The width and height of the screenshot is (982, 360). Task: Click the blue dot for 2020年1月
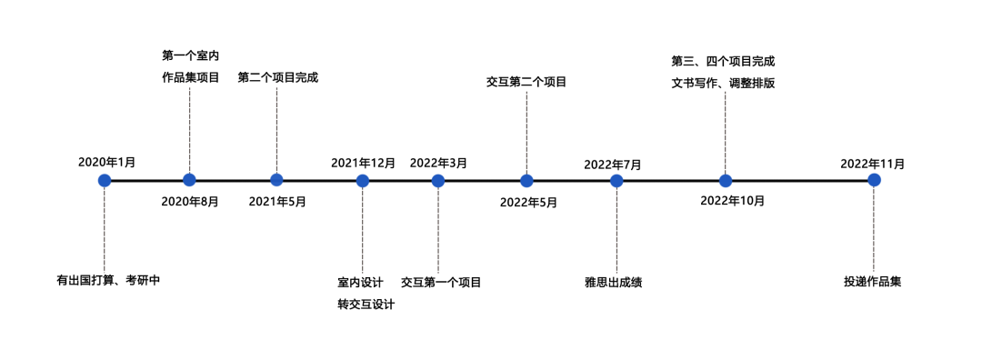(x=105, y=180)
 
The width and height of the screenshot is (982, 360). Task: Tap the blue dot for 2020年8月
(x=189, y=180)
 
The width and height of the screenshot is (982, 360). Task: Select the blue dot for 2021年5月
(x=276, y=180)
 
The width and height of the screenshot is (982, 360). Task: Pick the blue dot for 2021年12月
(x=363, y=180)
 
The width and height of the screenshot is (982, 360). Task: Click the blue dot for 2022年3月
(x=438, y=180)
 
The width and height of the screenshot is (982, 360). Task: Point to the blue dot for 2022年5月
(x=526, y=180)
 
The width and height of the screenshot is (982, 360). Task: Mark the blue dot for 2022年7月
(x=616, y=180)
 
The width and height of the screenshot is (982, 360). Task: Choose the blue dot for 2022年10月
(x=726, y=180)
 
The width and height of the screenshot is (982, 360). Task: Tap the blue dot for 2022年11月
(x=874, y=180)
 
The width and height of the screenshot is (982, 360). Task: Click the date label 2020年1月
(x=106, y=162)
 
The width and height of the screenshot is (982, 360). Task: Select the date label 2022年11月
(x=872, y=164)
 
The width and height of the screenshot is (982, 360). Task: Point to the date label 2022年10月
(x=732, y=200)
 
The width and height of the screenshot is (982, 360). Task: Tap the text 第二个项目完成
(x=277, y=77)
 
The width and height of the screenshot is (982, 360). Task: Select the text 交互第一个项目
(x=441, y=282)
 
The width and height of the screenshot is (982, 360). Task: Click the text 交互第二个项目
(x=526, y=82)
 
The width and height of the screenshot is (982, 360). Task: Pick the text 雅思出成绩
(x=614, y=282)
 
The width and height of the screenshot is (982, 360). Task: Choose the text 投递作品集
(x=872, y=282)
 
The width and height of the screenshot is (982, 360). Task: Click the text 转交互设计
(x=366, y=305)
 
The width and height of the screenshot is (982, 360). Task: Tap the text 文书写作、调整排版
(x=723, y=84)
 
